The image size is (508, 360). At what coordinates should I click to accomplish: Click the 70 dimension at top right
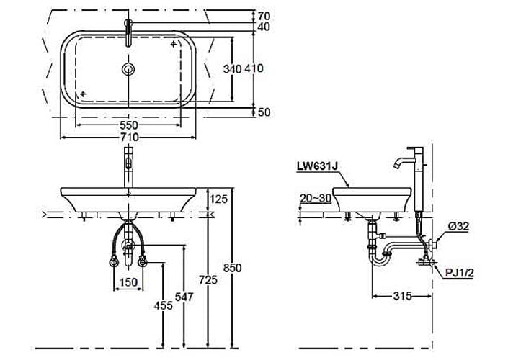(264, 14)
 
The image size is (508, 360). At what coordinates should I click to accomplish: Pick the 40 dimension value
(264, 27)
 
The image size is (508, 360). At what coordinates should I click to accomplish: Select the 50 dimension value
(264, 112)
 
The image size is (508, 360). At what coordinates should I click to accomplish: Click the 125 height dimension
(219, 198)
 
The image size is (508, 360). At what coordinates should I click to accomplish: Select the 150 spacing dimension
(129, 282)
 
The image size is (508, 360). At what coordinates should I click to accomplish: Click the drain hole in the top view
(129, 69)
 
